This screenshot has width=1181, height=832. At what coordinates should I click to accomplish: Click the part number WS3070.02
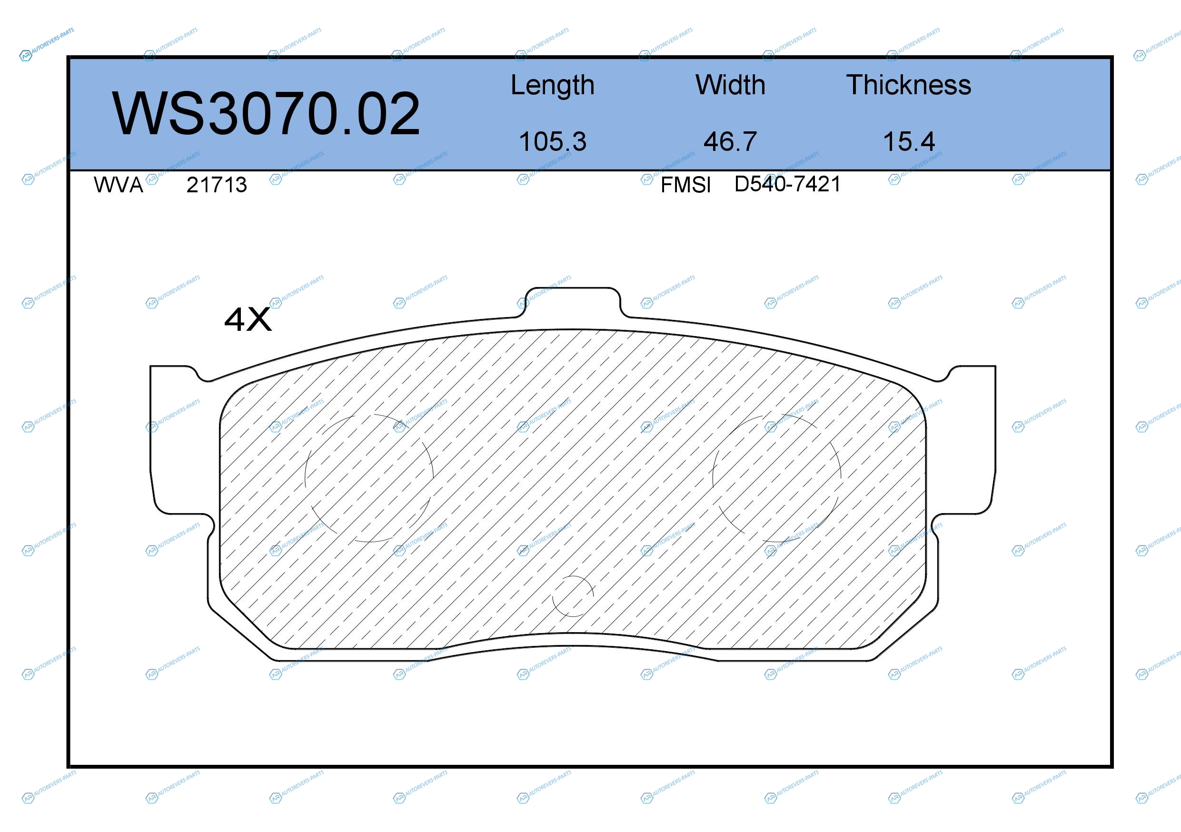266,113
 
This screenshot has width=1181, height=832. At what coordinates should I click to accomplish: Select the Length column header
553,85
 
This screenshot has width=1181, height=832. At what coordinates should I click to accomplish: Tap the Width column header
730,85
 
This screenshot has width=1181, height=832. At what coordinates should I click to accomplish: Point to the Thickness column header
908,85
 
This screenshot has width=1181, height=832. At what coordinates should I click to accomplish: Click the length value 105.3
553,141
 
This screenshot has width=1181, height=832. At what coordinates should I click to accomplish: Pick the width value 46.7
730,141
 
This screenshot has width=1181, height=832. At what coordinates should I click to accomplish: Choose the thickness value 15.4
909,141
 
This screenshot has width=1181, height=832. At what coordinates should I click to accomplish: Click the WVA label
119,185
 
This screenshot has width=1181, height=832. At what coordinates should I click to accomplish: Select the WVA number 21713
217,185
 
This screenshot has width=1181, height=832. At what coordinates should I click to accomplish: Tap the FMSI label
685,185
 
